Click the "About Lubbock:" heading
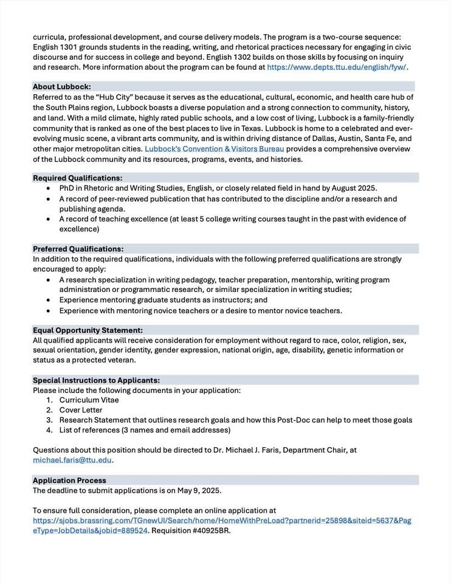click(62, 86)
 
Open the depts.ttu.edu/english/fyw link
click(337, 67)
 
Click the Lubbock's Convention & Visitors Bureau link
click(214, 148)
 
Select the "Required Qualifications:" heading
click(77, 178)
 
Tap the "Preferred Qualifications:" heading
click(78, 249)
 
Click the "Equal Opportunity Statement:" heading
click(88, 330)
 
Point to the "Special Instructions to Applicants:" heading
click(96, 380)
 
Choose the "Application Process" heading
click(69, 480)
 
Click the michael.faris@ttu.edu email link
click(72, 460)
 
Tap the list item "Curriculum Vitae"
click(89, 400)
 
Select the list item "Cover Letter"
click(81, 410)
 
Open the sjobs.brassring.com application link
click(222, 521)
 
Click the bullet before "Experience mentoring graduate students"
click(49, 300)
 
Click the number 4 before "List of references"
click(49, 430)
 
